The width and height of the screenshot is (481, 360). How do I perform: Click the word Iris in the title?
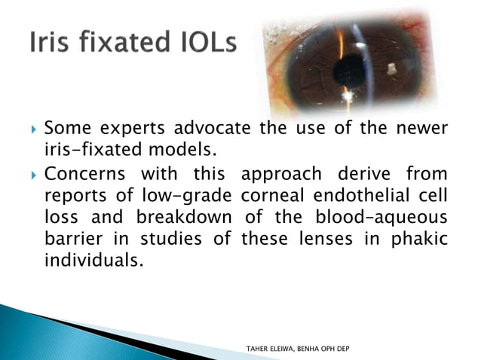coord(51,42)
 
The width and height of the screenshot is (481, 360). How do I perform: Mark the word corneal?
coord(272,197)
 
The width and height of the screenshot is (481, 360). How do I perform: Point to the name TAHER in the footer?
coord(261,349)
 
